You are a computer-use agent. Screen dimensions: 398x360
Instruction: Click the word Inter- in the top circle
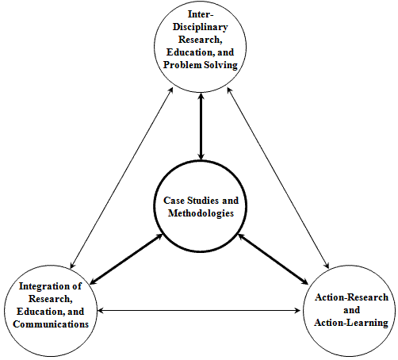pyautogui.click(x=201, y=14)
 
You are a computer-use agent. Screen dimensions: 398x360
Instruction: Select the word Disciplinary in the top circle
pyautogui.click(x=201, y=27)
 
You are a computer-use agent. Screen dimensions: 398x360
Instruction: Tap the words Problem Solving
pyautogui.click(x=201, y=65)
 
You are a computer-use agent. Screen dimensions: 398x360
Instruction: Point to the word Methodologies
pyautogui.click(x=201, y=213)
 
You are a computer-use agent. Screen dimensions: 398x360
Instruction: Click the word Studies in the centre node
pyautogui.click(x=203, y=201)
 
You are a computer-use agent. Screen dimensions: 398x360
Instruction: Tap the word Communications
pyautogui.click(x=51, y=324)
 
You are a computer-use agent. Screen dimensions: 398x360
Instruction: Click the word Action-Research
pyautogui.click(x=351, y=297)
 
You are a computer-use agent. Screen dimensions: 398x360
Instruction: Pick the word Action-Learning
pyautogui.click(x=351, y=323)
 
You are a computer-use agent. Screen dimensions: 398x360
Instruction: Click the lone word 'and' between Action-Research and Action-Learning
pyautogui.click(x=351, y=310)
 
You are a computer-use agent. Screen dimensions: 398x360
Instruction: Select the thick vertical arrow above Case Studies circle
pyautogui.click(x=201, y=127)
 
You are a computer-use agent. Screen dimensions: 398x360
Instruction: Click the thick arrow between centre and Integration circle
pyautogui.click(x=127, y=259)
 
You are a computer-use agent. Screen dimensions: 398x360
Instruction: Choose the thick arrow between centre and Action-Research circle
pyautogui.click(x=273, y=259)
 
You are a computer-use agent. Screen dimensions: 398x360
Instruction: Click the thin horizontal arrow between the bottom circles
pyautogui.click(x=199, y=310)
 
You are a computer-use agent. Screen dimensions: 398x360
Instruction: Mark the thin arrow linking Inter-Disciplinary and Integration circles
pyautogui.click(x=121, y=178)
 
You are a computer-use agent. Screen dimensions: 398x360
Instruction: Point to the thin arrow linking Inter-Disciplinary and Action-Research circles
pyautogui.click(x=278, y=178)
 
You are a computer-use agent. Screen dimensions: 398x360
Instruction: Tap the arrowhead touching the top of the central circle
pyautogui.click(x=201, y=156)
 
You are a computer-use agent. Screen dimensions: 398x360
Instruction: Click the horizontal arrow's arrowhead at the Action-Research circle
pyautogui.click(x=297, y=310)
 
